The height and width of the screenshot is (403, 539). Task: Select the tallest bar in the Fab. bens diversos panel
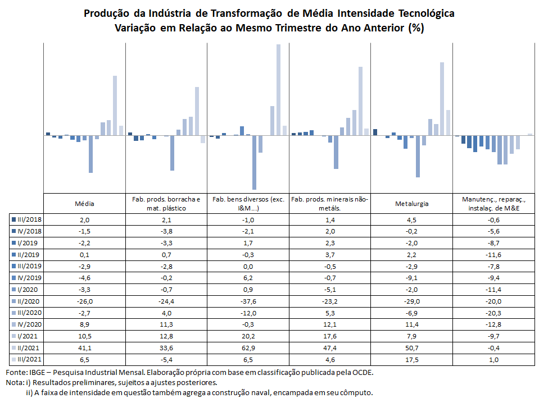pyautogui.click(x=278, y=90)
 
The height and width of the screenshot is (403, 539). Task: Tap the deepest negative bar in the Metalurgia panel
pyautogui.click(x=418, y=157)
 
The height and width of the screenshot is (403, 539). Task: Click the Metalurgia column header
pyautogui.click(x=411, y=204)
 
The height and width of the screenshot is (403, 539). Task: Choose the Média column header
pyautogui.click(x=84, y=204)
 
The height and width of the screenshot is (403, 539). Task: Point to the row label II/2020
pyautogui.click(x=29, y=301)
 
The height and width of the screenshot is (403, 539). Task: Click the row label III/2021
pyautogui.click(x=29, y=359)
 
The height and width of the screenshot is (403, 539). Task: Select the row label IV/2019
pyautogui.click(x=29, y=277)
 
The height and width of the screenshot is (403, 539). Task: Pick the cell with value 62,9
pyautogui.click(x=248, y=347)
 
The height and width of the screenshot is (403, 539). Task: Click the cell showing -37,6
pyautogui.click(x=248, y=301)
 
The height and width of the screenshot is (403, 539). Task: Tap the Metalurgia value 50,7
pyautogui.click(x=411, y=347)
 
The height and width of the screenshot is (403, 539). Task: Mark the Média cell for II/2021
pyautogui.click(x=84, y=347)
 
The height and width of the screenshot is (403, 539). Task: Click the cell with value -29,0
pyautogui.click(x=411, y=301)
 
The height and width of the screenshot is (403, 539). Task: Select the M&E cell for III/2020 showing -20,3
pyautogui.click(x=493, y=313)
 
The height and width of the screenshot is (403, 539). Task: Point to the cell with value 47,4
pyautogui.click(x=330, y=347)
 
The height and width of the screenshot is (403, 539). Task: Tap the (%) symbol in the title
pyautogui.click(x=416, y=28)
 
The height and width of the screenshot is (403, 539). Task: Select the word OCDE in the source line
pyautogui.click(x=361, y=372)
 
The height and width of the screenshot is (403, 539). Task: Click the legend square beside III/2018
pyautogui.click(x=13, y=219)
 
